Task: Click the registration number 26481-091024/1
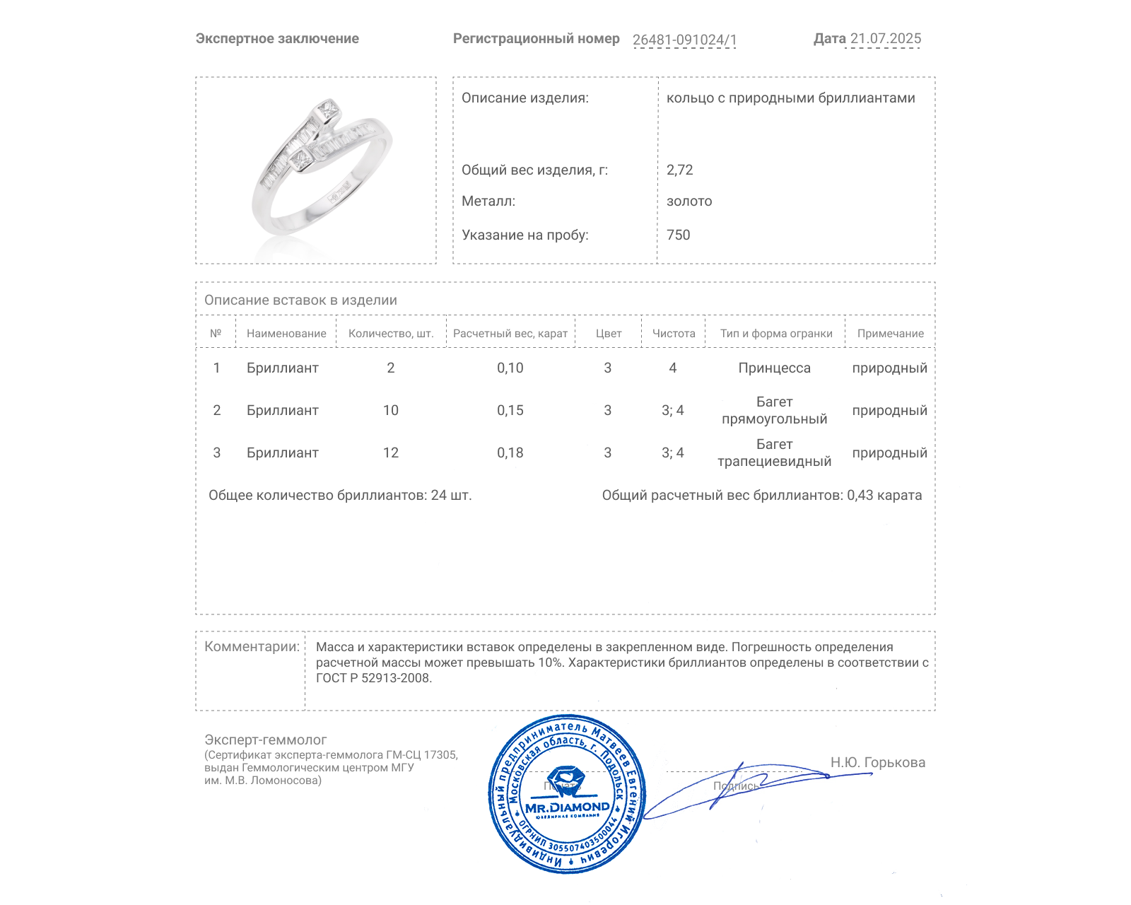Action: tap(684, 40)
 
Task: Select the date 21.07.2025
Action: tap(885, 39)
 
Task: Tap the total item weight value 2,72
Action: tap(679, 170)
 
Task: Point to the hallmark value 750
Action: tap(678, 235)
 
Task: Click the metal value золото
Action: tap(689, 201)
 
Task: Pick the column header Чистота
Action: tap(673, 334)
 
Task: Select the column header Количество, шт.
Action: tap(391, 334)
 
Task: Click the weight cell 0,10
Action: tap(510, 368)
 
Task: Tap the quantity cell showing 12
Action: tap(391, 452)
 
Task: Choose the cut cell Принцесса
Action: tap(774, 368)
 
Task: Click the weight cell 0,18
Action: tap(510, 452)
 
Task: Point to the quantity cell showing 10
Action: tap(391, 410)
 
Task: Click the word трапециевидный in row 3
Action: tap(774, 462)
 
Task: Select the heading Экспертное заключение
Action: tap(277, 39)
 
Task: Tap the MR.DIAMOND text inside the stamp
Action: tap(567, 807)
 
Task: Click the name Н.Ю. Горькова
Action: tap(877, 762)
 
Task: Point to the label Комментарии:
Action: tap(252, 646)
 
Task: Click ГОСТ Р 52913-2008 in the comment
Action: tap(373, 678)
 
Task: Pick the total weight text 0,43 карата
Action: tap(884, 495)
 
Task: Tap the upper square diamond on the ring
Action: tap(327, 110)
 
